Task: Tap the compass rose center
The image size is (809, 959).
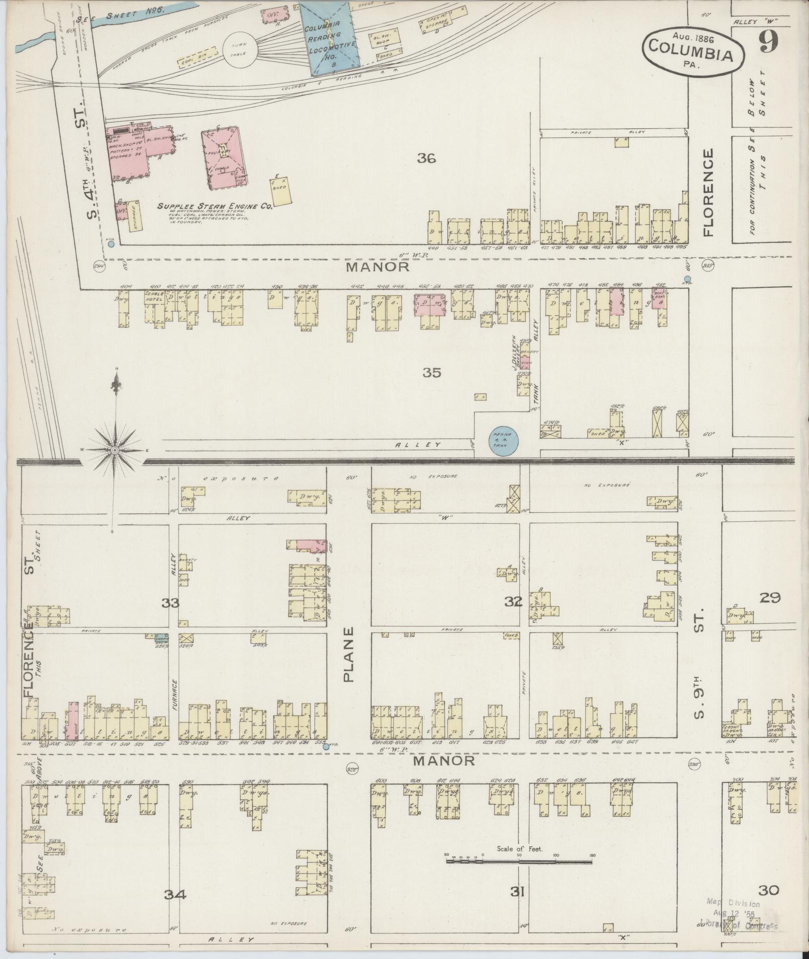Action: point(115,450)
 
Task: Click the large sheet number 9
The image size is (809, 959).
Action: point(768,42)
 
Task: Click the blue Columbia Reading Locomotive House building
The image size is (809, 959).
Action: point(330,38)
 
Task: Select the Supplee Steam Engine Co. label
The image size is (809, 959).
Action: point(215,206)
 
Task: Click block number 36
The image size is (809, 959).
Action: point(426,159)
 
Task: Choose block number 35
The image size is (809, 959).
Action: point(431,372)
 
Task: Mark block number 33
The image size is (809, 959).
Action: point(171,603)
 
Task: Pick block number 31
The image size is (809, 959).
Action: point(517,892)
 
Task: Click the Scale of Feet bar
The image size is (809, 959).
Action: point(519,861)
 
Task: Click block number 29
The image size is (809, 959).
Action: point(770,598)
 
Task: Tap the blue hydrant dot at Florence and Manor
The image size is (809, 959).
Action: point(687,279)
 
